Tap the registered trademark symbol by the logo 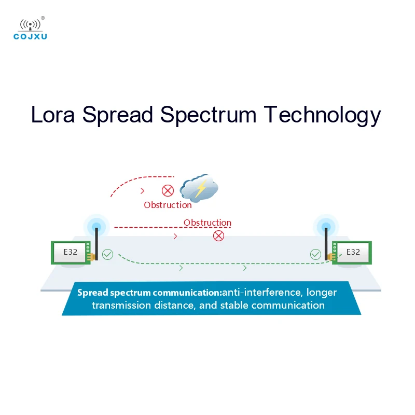click(x=43, y=18)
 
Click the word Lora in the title click(x=53, y=115)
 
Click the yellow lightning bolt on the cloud click(x=199, y=189)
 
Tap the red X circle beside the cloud click(x=168, y=190)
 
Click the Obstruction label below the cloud click(x=168, y=205)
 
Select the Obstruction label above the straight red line click(x=208, y=223)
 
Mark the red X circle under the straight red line click(x=219, y=236)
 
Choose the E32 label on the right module click(x=353, y=252)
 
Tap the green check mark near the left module click(x=107, y=254)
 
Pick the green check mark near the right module click(x=315, y=254)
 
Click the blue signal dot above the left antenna click(x=96, y=226)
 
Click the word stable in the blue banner click(x=234, y=305)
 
